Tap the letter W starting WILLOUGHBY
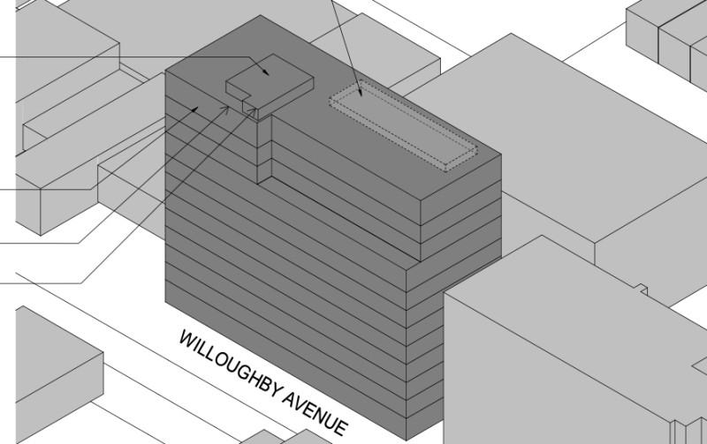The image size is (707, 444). click(187, 339)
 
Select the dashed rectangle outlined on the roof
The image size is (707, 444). click(403, 126)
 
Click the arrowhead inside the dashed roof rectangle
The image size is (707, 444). click(361, 93)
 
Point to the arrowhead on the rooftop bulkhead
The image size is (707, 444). click(266, 71)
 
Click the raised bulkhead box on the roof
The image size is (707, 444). click(270, 86)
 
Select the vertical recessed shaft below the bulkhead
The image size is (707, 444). click(264, 148)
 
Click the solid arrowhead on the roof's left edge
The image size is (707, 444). click(194, 109)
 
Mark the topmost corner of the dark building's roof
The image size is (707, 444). click(260, 15)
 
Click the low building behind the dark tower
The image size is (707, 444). click(374, 49)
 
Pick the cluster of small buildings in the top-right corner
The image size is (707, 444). click(666, 36)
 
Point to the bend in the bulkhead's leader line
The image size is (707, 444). click(249, 57)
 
